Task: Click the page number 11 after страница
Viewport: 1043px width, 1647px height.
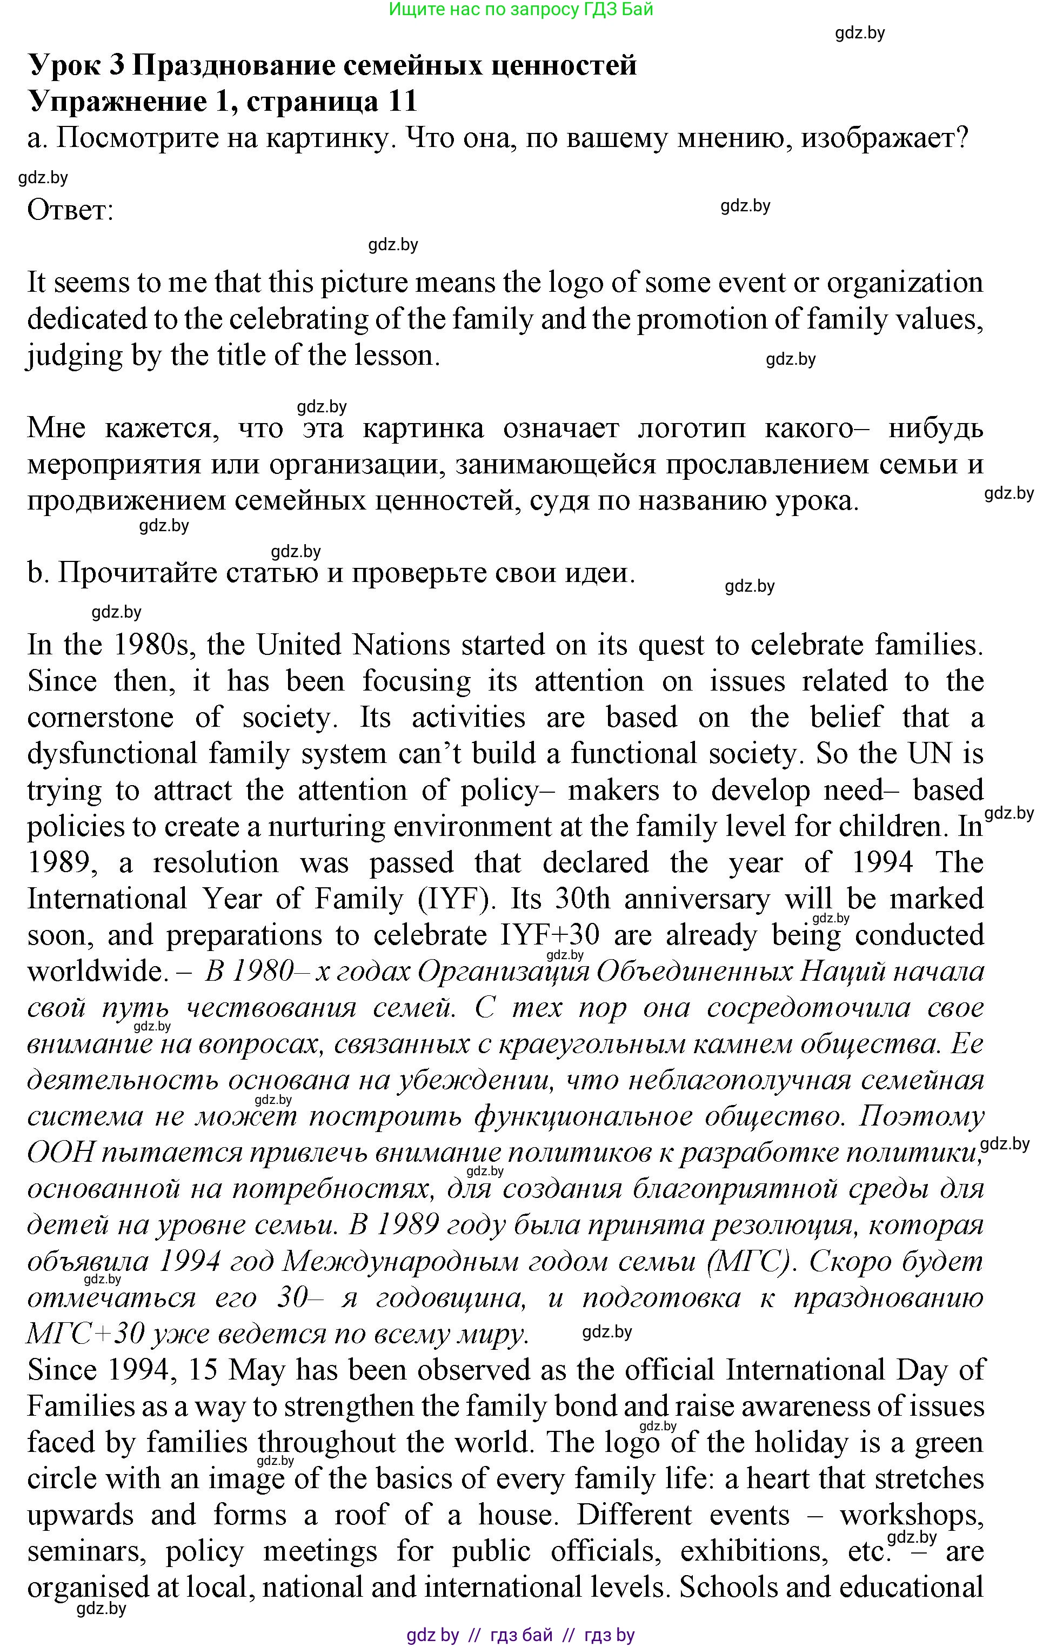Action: click(x=402, y=102)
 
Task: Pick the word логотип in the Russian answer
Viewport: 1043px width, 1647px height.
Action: click(x=690, y=428)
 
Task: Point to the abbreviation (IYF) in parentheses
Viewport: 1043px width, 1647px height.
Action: click(x=456, y=899)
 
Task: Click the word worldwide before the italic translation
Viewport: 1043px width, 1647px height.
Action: click(x=95, y=971)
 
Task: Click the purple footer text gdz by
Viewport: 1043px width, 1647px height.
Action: click(x=432, y=1635)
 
